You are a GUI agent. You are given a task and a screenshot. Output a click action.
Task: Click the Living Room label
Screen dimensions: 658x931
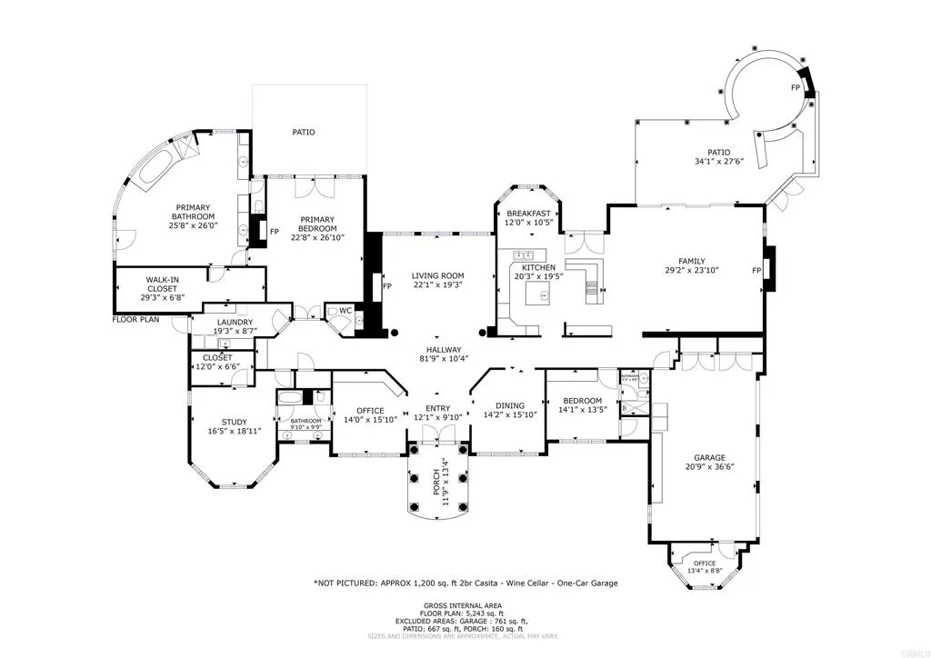(x=437, y=275)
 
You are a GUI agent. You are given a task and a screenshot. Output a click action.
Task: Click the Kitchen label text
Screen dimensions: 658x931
(x=538, y=268)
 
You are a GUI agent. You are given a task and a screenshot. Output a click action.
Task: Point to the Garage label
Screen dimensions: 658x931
(x=710, y=457)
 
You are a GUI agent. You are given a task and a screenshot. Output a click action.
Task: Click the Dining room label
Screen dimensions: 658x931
(x=510, y=405)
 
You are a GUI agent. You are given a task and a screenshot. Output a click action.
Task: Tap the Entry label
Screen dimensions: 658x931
(x=437, y=408)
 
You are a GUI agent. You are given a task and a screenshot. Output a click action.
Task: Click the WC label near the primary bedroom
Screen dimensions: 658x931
(x=345, y=310)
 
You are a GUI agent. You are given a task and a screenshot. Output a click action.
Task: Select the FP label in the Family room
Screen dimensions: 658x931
(x=756, y=271)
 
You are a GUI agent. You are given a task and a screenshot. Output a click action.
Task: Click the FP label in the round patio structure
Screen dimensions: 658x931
(x=795, y=88)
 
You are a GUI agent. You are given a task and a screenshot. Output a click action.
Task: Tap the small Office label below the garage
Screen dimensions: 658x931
(x=705, y=563)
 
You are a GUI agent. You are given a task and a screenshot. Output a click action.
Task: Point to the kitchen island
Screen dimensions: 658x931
(x=544, y=293)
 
